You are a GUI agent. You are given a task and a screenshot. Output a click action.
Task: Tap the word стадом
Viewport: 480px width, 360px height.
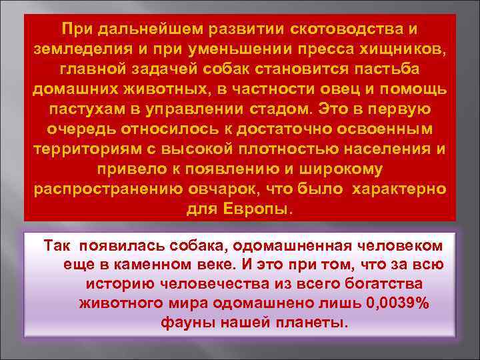[281, 109]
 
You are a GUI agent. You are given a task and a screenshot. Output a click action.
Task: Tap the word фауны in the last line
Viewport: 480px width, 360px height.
[184, 323]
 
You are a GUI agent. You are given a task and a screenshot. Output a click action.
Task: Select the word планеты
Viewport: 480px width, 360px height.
[314, 323]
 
